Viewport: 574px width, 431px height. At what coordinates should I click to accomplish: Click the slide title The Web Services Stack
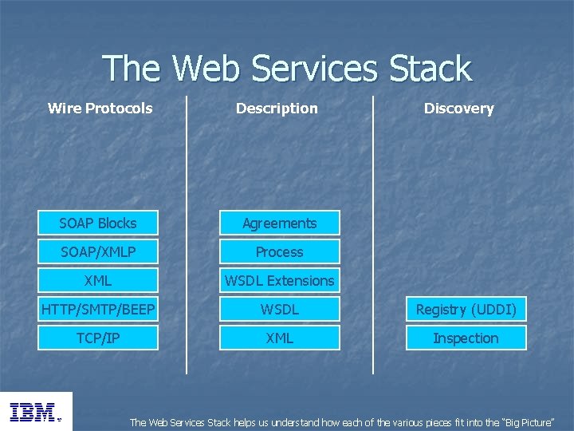[287, 69]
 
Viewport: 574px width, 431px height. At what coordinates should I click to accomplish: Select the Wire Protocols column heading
[100, 109]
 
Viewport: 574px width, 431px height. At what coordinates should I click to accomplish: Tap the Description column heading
[277, 109]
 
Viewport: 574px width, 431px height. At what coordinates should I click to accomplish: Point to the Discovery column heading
[458, 109]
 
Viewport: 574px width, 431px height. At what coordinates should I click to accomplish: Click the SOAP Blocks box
[98, 223]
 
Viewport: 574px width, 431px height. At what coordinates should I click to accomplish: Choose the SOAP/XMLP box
[98, 252]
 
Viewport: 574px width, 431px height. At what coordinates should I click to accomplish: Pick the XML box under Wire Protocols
[98, 281]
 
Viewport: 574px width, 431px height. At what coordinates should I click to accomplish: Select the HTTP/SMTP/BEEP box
[98, 310]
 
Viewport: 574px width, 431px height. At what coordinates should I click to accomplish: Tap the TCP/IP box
[98, 338]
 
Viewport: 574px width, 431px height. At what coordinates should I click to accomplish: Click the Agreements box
[280, 223]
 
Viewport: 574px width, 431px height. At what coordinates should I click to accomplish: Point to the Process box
[280, 252]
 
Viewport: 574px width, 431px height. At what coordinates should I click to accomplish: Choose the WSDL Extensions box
[280, 281]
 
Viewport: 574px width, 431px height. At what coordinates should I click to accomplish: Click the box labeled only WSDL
[280, 310]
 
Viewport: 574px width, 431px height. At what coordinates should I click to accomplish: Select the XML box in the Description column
[280, 338]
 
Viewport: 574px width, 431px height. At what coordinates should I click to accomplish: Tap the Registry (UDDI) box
[466, 310]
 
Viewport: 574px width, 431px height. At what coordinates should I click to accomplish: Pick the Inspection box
[466, 338]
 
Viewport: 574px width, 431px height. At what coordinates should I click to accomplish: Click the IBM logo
[35, 412]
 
